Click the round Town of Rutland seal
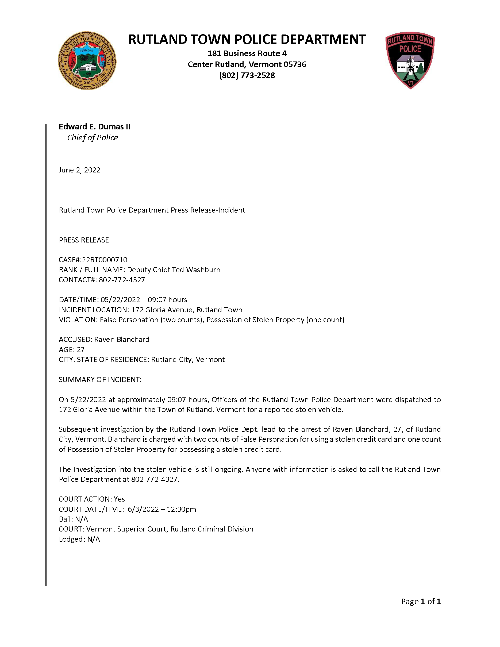click(x=87, y=61)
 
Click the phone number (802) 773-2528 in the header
click(x=247, y=76)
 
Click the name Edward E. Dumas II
click(x=94, y=127)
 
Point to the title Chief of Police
click(x=93, y=138)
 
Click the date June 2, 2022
click(x=79, y=170)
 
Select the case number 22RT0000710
click(x=105, y=260)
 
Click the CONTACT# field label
click(x=78, y=280)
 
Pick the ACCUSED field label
click(x=75, y=340)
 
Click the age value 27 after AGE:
click(x=80, y=350)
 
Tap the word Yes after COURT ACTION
click(x=119, y=499)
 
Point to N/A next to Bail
click(x=82, y=519)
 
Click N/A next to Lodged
click(x=94, y=539)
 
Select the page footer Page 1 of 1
click(x=421, y=601)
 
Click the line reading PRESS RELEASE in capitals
click(x=84, y=240)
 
